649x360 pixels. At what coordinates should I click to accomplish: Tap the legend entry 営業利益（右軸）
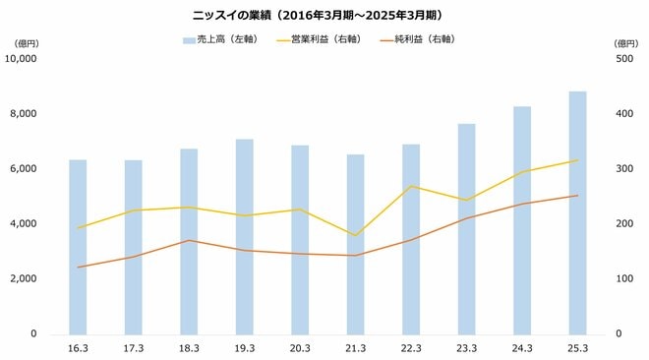[325, 40]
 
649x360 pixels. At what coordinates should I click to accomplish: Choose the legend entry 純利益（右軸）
[424, 40]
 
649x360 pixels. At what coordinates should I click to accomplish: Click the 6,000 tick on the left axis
[22, 169]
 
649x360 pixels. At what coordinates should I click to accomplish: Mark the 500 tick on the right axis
[625, 59]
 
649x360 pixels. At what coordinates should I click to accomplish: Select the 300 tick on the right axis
[625, 169]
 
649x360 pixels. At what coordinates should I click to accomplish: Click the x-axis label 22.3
[411, 348]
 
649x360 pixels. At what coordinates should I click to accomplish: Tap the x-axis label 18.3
[189, 348]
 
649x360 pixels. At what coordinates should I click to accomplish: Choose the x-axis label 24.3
[522, 348]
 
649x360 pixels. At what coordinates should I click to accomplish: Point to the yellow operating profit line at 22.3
[411, 186]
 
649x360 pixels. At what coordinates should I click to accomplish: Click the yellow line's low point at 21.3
[355, 236]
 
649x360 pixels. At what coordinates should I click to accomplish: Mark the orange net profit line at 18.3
[189, 241]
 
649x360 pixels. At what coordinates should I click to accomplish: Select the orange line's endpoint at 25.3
[577, 196]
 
